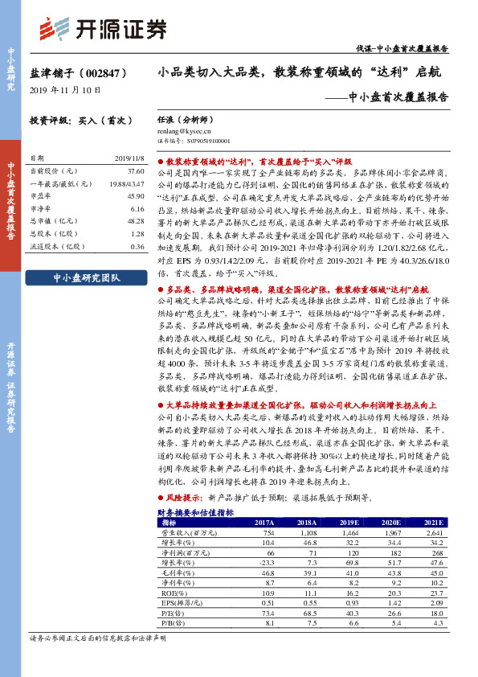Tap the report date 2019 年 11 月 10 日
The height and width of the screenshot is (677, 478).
[x=65, y=90]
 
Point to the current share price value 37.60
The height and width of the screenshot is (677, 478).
[x=134, y=171]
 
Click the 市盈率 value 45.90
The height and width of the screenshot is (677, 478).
[x=134, y=196]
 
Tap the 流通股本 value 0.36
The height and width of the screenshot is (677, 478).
[x=136, y=246]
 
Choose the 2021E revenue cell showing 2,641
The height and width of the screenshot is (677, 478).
[x=434, y=533]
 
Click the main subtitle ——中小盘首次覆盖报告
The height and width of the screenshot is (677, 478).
[x=392, y=97]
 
